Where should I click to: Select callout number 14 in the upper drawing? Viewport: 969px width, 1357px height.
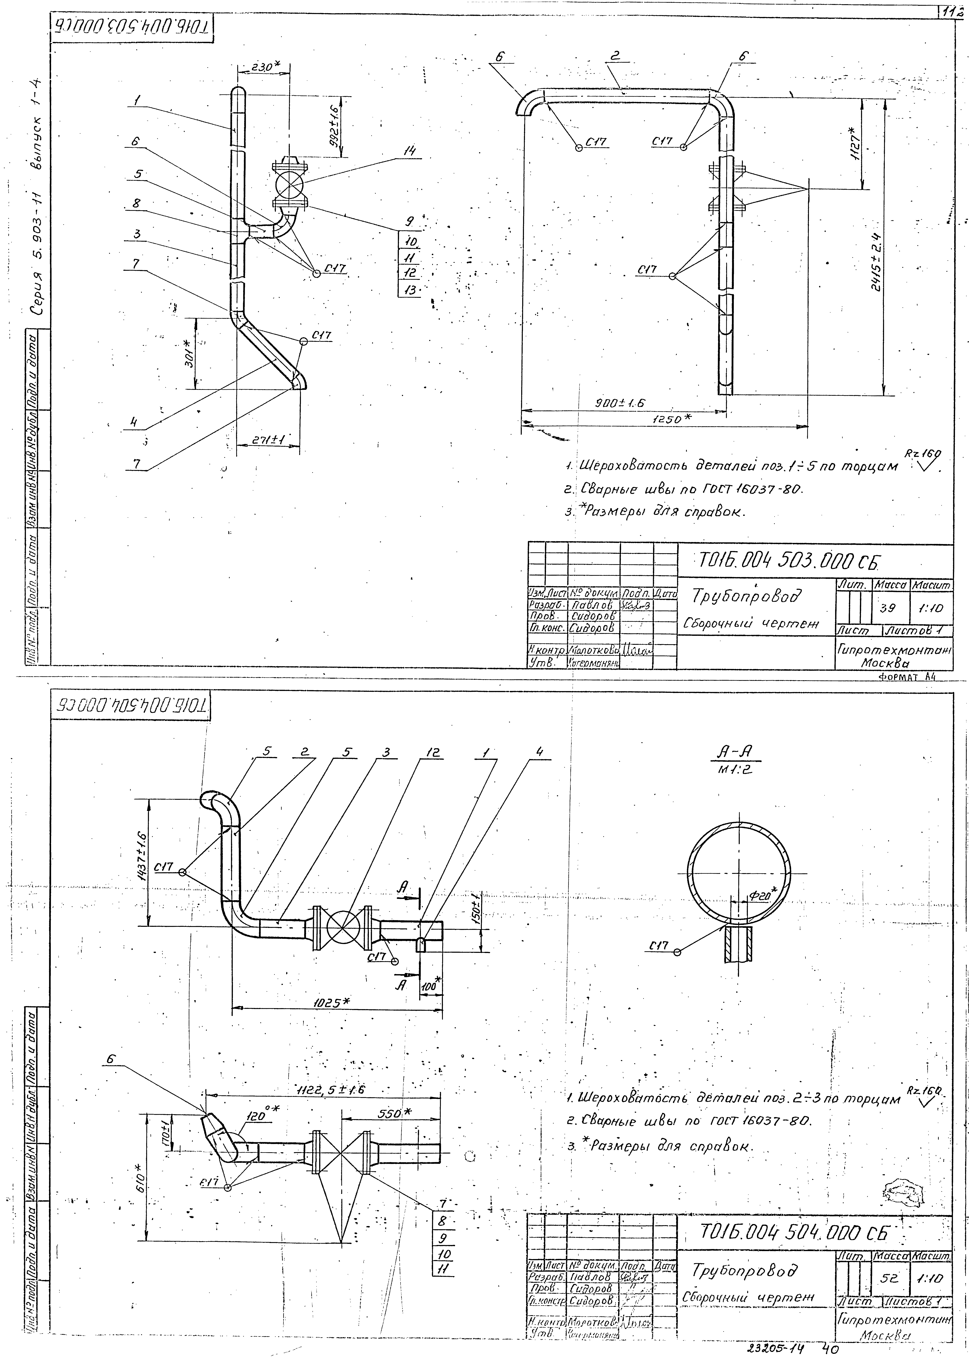(410, 151)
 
